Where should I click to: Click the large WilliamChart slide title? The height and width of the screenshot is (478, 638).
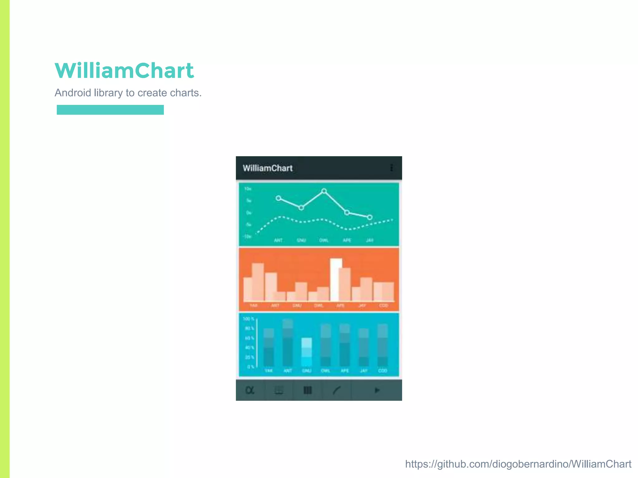point(124,71)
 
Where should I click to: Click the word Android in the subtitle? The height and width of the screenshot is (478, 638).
point(73,93)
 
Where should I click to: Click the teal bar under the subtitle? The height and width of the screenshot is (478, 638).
point(110,110)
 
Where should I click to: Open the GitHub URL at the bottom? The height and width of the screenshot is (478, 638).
point(518,464)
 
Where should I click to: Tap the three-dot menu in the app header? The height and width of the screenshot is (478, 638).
point(391,168)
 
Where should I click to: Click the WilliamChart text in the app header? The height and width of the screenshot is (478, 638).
point(268,168)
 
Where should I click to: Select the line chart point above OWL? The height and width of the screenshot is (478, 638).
point(324,191)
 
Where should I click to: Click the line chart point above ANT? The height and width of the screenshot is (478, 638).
point(279,198)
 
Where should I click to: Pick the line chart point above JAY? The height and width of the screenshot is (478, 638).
point(370,217)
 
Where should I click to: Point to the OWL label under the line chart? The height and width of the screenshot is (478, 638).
point(324,240)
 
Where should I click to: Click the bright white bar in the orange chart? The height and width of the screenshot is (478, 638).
point(336,279)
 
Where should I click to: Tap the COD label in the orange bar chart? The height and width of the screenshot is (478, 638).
point(383,306)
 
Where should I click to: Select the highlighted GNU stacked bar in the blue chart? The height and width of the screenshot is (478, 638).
point(307,352)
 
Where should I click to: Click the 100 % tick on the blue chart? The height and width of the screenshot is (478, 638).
point(248,319)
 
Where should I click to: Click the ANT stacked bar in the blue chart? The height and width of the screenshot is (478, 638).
point(288,342)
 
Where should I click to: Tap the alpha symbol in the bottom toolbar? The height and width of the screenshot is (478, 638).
point(250,390)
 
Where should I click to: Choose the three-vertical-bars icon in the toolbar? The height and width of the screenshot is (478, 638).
point(307,390)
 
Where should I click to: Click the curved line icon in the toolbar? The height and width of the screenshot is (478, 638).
point(337,390)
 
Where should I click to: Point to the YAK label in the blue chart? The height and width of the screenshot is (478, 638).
point(269,371)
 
